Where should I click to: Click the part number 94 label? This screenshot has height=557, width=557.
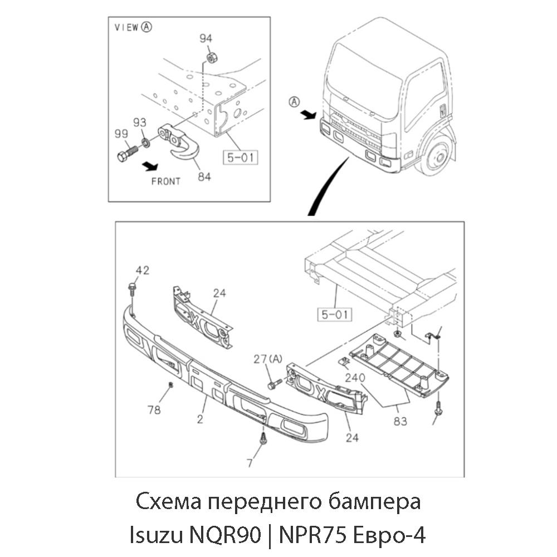coord(206,38)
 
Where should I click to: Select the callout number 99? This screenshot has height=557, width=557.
coord(121,133)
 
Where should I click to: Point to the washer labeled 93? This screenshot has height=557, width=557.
coord(145,143)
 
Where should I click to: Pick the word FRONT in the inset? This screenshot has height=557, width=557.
coord(166,181)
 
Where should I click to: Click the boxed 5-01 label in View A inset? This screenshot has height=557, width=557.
coord(241,158)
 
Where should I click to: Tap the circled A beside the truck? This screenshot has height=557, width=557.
coord(294,101)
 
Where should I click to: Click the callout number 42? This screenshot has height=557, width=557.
coord(143,271)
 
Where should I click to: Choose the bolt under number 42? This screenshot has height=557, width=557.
coord(132,289)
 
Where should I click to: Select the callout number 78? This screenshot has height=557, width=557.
coord(154,410)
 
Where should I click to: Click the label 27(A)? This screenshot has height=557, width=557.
coord(267,359)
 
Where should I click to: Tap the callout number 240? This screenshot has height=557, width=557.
coord(354,377)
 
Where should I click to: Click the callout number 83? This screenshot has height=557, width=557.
coord(400,421)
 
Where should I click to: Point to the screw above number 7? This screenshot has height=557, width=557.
coord(263,438)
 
